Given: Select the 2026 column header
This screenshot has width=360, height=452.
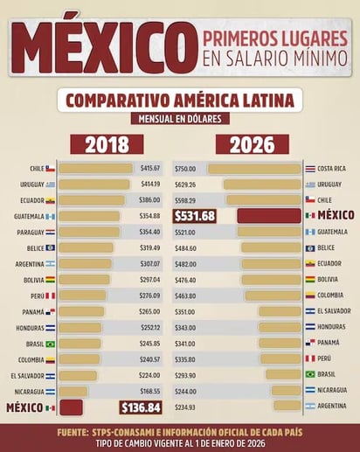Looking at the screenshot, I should (x=253, y=144).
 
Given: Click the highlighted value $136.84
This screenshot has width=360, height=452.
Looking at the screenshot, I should (x=141, y=407).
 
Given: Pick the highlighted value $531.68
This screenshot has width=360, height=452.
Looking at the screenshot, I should (x=195, y=215).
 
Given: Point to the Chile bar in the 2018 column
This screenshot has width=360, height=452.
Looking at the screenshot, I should (x=96, y=168).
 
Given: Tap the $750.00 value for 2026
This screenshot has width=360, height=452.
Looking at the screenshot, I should (x=185, y=168).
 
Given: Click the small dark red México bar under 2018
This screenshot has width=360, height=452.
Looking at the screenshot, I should (x=71, y=407).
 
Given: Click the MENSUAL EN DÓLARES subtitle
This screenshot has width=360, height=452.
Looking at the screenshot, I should (x=179, y=119).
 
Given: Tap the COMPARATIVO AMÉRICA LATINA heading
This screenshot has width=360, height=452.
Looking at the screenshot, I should (x=180, y=99).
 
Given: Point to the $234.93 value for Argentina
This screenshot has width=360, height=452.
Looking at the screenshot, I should (x=185, y=407).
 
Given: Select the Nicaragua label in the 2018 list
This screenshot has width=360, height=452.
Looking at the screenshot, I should (x=29, y=391).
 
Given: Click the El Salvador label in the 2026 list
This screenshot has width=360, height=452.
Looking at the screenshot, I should (x=336, y=311).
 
